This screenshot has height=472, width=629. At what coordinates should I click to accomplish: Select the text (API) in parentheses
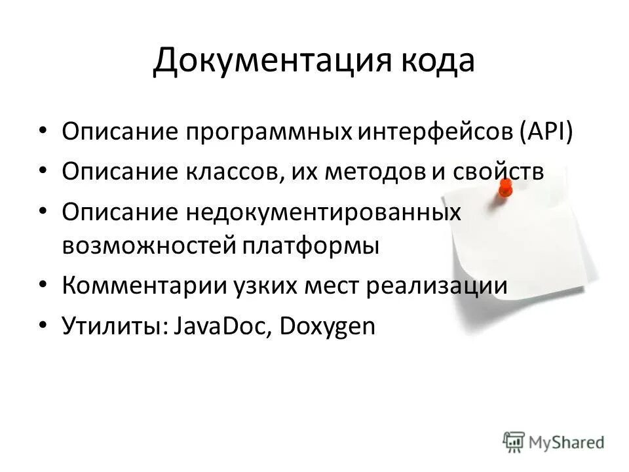[x=546, y=132]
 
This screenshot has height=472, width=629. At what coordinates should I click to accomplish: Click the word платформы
[x=311, y=246]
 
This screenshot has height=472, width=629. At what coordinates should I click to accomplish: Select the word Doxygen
[x=327, y=326]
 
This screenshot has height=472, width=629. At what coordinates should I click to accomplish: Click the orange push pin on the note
[x=505, y=187]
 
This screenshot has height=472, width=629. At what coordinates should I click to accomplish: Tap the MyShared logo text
[x=567, y=442]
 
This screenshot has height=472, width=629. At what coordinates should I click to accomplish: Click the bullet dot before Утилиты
[x=43, y=326]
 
